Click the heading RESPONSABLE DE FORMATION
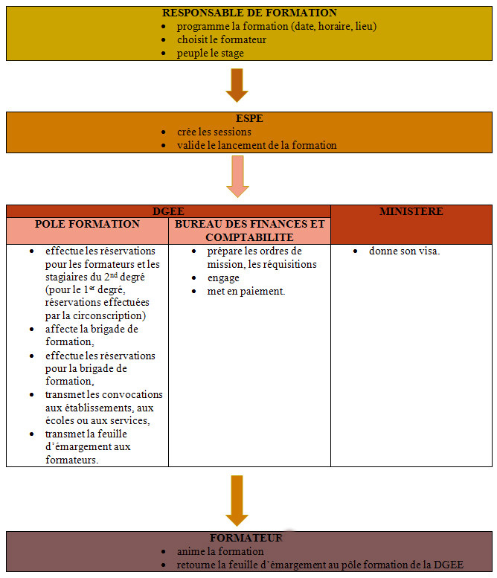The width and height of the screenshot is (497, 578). click(249, 13)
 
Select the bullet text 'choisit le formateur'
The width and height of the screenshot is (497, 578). click(221, 39)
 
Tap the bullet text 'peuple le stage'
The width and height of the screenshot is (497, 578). click(210, 53)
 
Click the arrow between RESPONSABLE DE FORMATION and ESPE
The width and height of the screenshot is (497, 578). click(237, 84)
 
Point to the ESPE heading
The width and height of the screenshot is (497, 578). click(249, 118)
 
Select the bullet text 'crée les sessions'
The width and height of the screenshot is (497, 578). click(215, 132)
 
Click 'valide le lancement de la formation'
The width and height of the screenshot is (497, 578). click(257, 145)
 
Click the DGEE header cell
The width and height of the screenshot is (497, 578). click(168, 211)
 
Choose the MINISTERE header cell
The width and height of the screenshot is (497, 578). click(411, 212)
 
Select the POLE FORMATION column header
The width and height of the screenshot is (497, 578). click(87, 224)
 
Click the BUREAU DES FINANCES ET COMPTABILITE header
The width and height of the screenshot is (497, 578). click(249, 230)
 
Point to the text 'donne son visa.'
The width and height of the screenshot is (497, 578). click(405, 251)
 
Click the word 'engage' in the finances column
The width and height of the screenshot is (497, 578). click(223, 277)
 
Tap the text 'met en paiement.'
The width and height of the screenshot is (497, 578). click(246, 291)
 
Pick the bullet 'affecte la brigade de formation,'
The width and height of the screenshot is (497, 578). click(92, 335)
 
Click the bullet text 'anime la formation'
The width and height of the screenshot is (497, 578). click(220, 551)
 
